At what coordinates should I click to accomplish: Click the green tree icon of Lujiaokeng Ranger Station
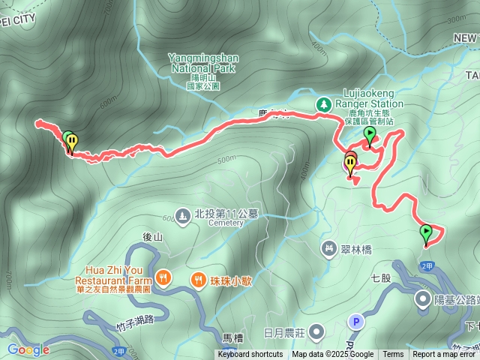(x=324, y=104)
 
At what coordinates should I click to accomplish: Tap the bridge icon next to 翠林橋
(x=328, y=247)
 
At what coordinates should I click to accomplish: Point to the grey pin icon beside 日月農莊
(x=317, y=331)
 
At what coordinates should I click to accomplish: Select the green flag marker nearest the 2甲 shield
(x=426, y=232)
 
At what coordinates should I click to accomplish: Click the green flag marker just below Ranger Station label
(x=369, y=135)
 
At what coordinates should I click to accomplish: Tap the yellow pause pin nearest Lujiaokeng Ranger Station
(x=350, y=163)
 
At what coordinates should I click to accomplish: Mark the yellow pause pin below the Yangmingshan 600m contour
(x=71, y=142)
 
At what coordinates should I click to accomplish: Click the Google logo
(x=28, y=349)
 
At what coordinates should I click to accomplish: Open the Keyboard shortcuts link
(x=250, y=355)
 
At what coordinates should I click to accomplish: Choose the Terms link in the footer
(x=393, y=355)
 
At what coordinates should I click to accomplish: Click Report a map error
(x=444, y=355)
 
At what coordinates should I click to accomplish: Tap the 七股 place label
(x=381, y=277)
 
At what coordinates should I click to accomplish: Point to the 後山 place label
(x=152, y=237)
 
